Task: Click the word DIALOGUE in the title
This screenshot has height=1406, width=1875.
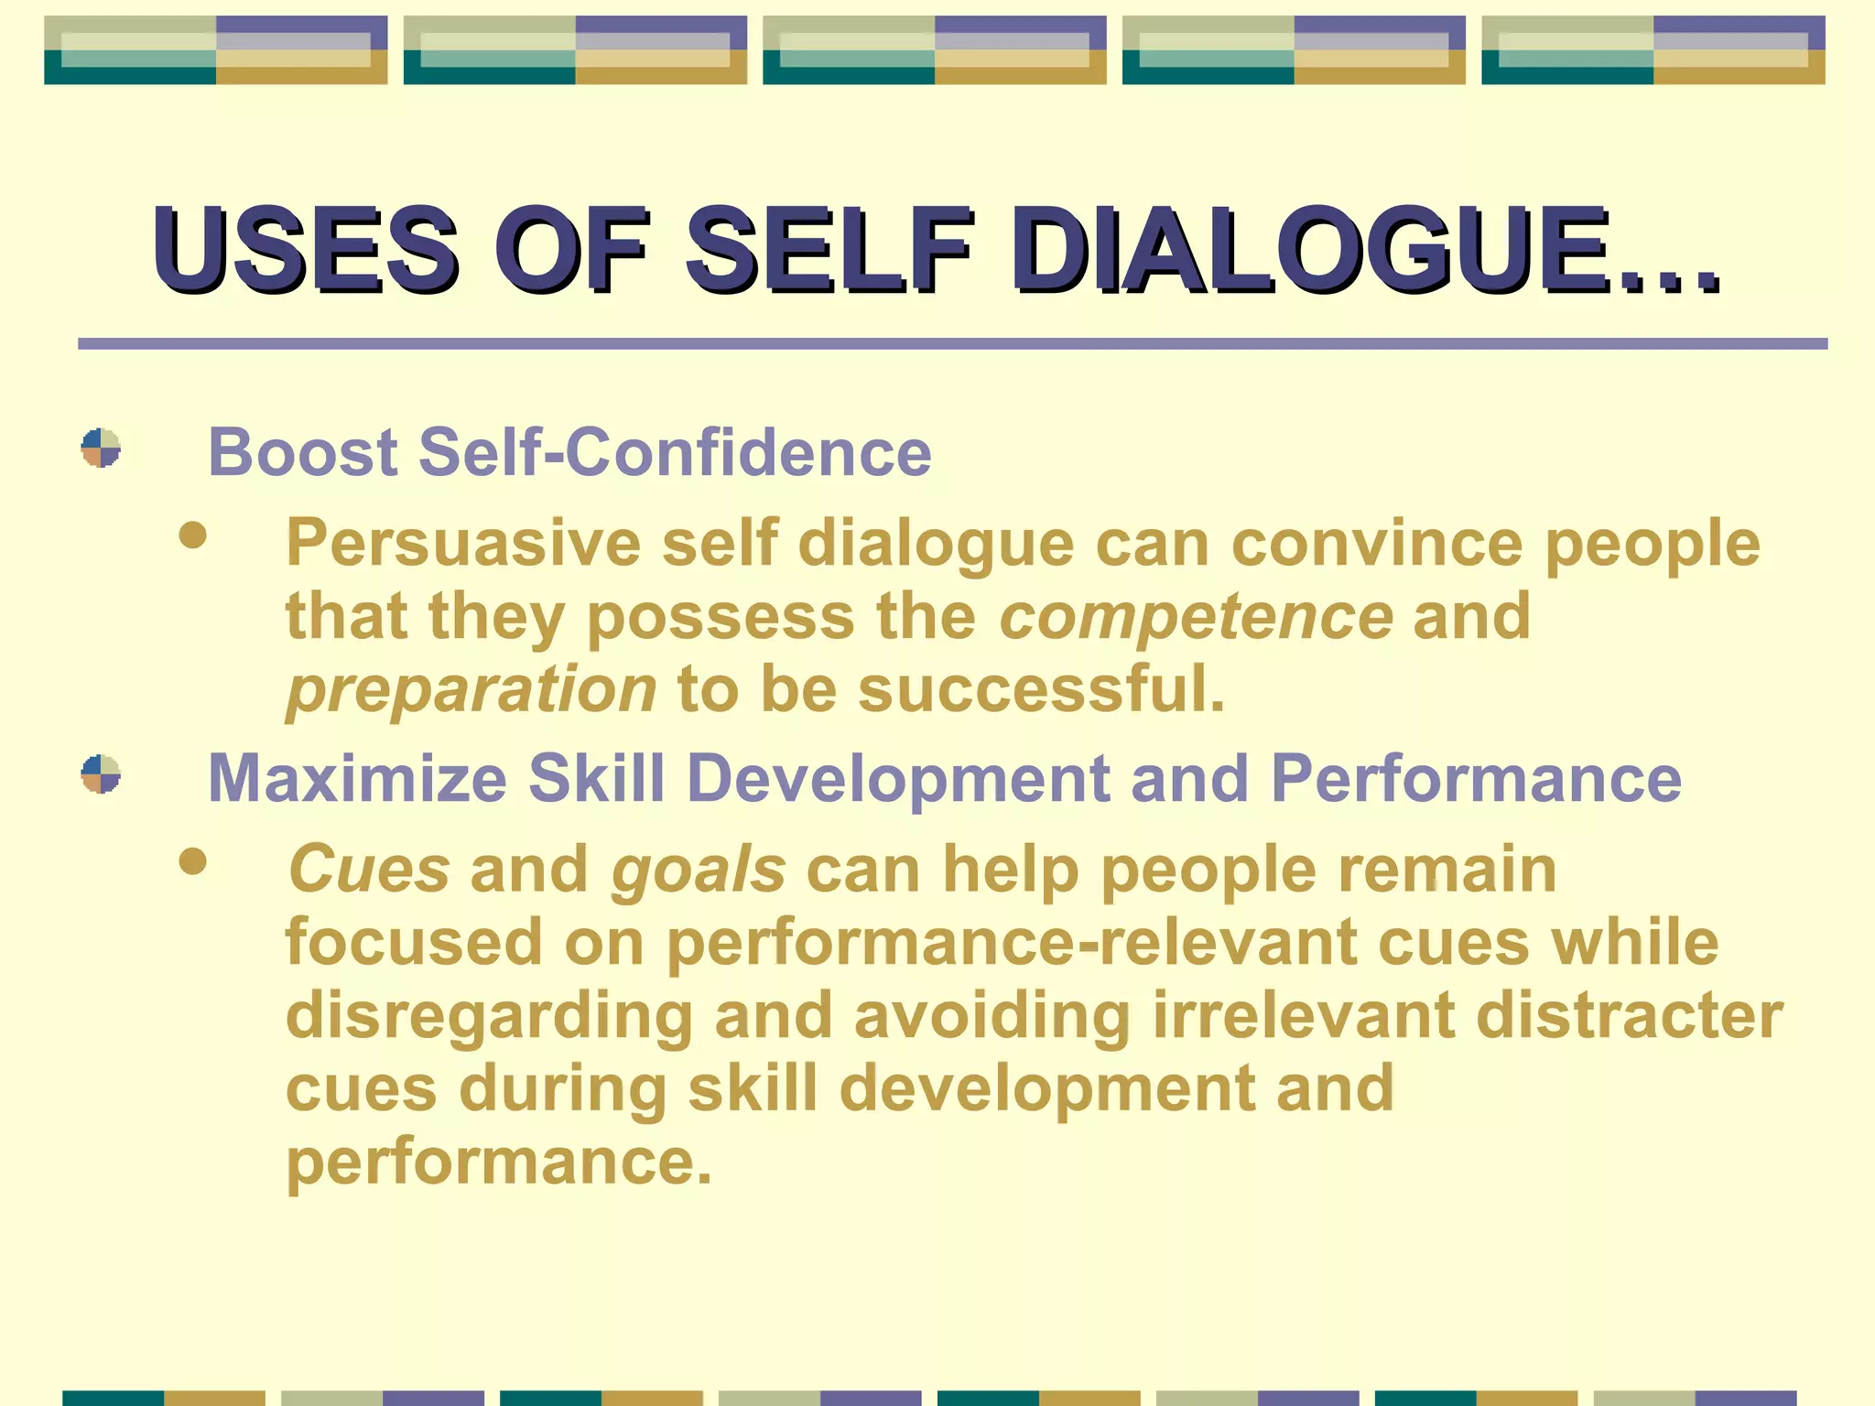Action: click(x=1364, y=250)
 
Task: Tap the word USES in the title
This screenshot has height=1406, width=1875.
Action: click(x=305, y=250)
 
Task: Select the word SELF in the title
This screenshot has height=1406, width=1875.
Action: click(x=829, y=250)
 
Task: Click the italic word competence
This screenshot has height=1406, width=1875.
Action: click(x=1196, y=616)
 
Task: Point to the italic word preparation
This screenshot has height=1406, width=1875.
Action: click(x=471, y=689)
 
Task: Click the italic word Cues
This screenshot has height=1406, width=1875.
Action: click(x=369, y=869)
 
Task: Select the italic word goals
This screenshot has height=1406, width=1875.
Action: click(x=699, y=871)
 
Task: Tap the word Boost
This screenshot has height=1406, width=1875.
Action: click(x=303, y=452)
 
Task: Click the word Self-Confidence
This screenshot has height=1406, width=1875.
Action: click(x=675, y=452)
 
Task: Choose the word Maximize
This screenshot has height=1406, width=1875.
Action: click(x=357, y=779)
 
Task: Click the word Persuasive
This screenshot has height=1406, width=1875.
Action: click(x=463, y=544)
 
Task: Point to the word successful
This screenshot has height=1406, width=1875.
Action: click(x=1041, y=689)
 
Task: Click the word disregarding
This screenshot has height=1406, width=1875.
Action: click(x=489, y=1017)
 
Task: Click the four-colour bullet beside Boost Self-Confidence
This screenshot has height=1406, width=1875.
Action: click(x=101, y=449)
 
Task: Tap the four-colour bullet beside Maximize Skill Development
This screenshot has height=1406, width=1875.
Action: click(x=101, y=774)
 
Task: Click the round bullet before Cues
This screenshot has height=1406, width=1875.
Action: click(x=192, y=861)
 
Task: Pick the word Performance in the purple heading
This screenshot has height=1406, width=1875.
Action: click(x=1476, y=779)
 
